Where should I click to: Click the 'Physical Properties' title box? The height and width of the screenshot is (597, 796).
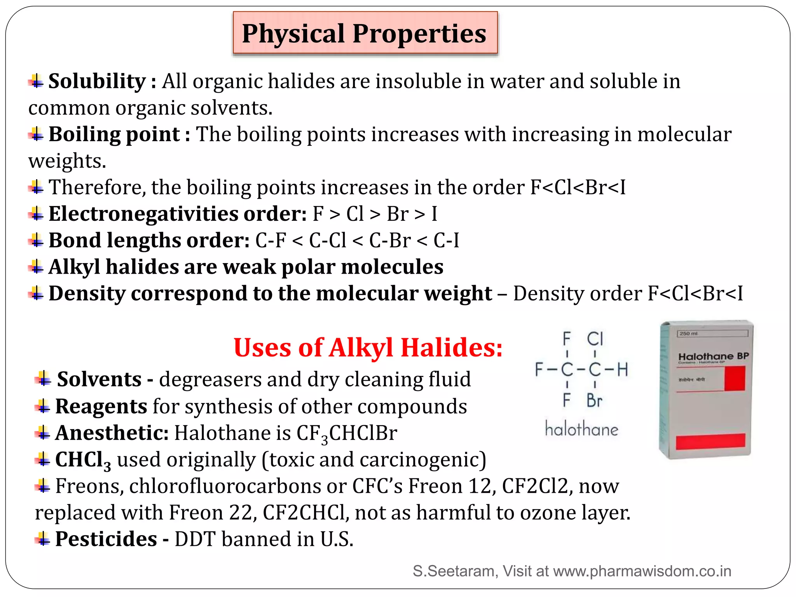tap(365, 33)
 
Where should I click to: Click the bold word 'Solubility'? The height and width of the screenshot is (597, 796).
tap(97, 81)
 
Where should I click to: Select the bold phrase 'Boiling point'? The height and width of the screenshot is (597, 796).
tap(114, 134)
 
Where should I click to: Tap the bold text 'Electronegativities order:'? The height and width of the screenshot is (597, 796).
tap(178, 214)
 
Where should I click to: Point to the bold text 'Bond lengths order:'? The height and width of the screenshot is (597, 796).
tap(149, 240)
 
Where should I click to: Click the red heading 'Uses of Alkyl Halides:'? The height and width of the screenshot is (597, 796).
tap(368, 347)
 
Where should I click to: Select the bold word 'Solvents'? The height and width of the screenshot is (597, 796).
tap(99, 379)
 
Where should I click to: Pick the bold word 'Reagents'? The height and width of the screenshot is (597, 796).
tap(101, 407)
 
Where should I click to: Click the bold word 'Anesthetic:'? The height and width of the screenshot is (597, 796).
tap(112, 433)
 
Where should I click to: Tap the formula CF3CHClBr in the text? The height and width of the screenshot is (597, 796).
tap(347, 434)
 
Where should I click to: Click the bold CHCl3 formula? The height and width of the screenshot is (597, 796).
tap(83, 460)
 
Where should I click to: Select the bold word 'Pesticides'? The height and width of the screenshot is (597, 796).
tap(106, 539)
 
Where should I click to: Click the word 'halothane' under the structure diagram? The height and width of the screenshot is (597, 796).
tap(581, 429)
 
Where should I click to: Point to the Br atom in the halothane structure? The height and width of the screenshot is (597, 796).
tap(595, 400)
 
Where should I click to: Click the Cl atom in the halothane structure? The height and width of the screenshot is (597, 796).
tap(595, 339)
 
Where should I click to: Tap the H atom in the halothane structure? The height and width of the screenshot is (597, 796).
tap(623, 370)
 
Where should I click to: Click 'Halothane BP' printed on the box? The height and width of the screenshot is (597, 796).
tap(713, 356)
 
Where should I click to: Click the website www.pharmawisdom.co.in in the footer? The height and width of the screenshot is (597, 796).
tap(642, 571)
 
